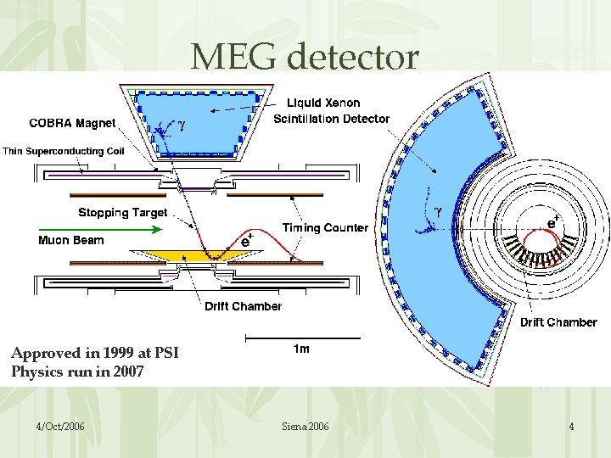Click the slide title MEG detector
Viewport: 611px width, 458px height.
[x=305, y=57]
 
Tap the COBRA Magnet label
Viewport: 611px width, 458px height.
[x=72, y=123]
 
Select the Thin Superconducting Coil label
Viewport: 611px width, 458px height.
[x=64, y=152]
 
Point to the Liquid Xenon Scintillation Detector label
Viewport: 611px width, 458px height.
[x=331, y=111]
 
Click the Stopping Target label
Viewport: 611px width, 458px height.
[x=123, y=212]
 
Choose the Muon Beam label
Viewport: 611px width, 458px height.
[x=71, y=240]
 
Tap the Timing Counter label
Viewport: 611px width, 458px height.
[x=325, y=227]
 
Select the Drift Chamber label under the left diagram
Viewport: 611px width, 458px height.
[x=243, y=306]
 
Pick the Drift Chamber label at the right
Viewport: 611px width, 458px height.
[x=558, y=322]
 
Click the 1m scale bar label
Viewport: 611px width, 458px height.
[x=300, y=349]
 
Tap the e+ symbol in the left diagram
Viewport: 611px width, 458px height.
[x=245, y=241]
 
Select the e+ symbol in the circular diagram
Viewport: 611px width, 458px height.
[x=552, y=222]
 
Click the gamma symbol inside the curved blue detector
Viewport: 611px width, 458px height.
[x=438, y=209]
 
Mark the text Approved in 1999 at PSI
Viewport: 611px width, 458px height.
[x=95, y=353]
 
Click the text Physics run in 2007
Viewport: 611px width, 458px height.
[x=77, y=371]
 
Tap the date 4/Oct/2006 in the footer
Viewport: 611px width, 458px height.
[x=60, y=426]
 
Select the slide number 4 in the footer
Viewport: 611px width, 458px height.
[x=571, y=426]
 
